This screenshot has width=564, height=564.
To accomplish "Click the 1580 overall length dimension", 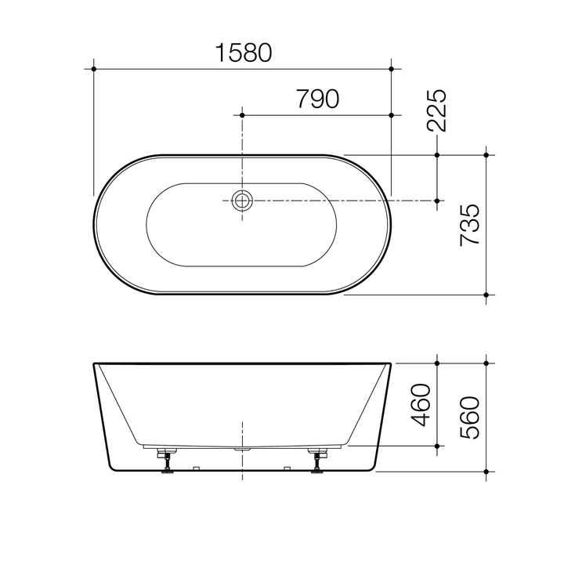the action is point(243,53).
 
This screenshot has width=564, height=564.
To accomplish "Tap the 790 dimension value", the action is point(317,99).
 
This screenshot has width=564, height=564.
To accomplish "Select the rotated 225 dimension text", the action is point(436,110).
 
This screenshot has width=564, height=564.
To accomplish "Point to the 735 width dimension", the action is point(470,225).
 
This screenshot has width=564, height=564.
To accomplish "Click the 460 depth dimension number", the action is point(421,405).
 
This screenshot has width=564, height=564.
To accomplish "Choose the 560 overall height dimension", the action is point(470,418).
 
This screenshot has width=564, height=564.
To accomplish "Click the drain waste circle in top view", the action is point(242,201).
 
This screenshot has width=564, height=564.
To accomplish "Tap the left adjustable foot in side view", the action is point(167,461).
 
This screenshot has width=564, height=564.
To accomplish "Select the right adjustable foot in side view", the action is point(317,461).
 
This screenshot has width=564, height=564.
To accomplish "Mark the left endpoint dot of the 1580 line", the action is point(94,69).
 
